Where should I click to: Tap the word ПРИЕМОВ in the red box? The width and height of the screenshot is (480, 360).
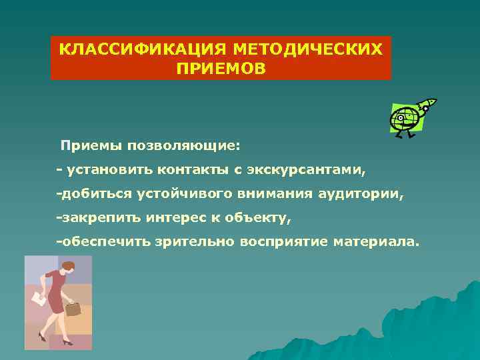(221, 69)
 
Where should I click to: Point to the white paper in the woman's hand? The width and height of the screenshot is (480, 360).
(39, 300)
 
